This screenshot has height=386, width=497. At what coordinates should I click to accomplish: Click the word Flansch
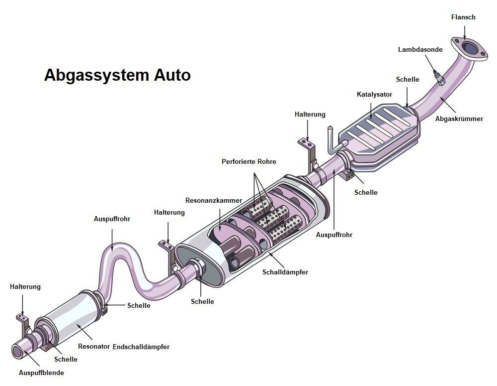[463, 17]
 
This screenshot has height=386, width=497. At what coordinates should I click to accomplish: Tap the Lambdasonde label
[420, 49]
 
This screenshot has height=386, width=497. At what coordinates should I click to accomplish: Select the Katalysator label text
[374, 94]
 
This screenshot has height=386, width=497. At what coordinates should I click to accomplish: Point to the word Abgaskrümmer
[459, 119]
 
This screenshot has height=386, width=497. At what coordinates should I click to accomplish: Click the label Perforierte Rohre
[248, 161]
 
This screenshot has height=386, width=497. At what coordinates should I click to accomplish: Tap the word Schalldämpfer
[285, 272]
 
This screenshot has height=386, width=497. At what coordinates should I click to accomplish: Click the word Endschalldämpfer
[141, 347]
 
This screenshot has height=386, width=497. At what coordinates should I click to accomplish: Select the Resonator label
[94, 346]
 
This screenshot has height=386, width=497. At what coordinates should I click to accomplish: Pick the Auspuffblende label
[42, 373]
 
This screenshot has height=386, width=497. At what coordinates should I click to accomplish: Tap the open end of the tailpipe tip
[17, 351]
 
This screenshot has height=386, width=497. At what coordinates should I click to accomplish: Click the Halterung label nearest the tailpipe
[25, 286]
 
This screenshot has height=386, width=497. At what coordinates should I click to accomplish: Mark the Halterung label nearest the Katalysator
[310, 114]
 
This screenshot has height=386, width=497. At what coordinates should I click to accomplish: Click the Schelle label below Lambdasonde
[408, 79]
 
